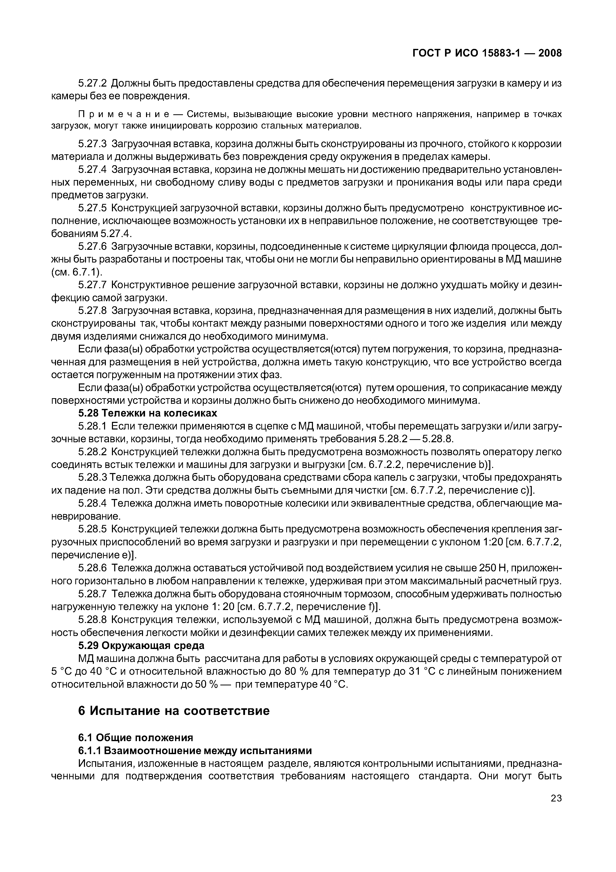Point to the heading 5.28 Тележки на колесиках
tap(148, 413)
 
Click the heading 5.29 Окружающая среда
tap(141, 646)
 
